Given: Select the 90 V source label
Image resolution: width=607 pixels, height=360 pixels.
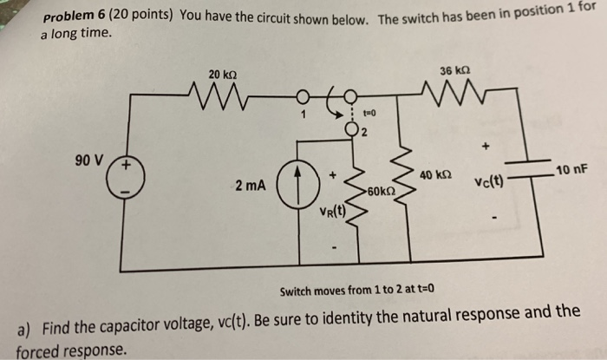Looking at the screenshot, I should click(88, 160).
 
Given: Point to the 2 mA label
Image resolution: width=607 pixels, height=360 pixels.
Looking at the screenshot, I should click(252, 186).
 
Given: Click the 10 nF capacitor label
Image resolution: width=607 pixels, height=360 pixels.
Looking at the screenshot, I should click(571, 168).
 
